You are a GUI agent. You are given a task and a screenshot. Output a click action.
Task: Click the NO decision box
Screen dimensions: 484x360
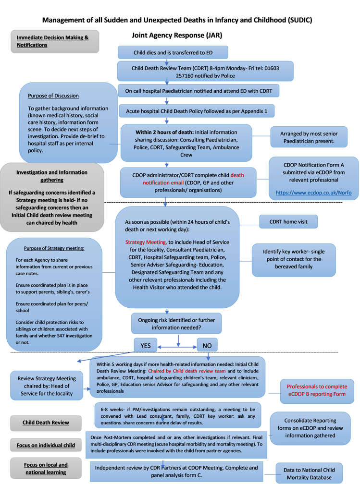207,346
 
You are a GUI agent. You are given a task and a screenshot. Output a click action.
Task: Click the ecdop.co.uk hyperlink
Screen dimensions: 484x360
313,193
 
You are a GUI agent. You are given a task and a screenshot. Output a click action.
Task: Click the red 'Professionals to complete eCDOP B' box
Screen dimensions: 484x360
316,390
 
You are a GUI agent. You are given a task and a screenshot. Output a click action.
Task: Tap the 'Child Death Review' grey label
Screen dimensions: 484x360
46,423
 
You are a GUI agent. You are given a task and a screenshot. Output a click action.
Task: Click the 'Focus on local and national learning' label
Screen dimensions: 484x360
46,469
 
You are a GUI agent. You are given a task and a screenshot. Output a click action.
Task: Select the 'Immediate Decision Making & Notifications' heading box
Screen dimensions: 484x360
55,41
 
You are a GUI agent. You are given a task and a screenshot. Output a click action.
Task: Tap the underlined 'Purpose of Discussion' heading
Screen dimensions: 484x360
53,96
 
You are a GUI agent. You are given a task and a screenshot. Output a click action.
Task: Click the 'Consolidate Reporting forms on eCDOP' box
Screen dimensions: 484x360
310,428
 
